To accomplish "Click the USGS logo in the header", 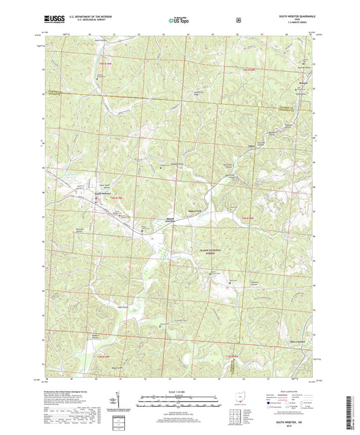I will pyautogui.click(x=50, y=21).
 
